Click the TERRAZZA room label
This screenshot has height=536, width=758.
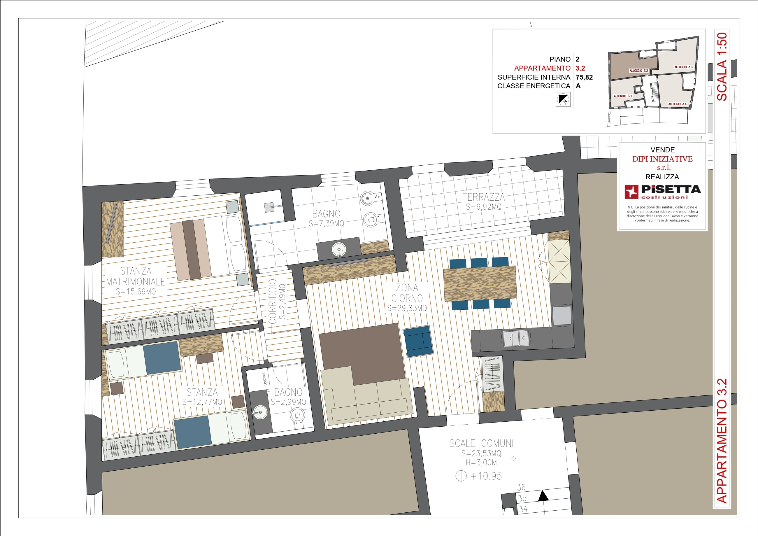click(x=484, y=197)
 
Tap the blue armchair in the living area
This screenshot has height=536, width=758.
click(x=418, y=341)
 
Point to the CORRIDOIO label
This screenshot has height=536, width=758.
click(x=272, y=302)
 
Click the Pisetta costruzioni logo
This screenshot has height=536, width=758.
click(x=663, y=192)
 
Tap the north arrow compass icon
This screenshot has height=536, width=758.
click(x=563, y=99)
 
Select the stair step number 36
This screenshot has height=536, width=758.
click(x=521, y=488)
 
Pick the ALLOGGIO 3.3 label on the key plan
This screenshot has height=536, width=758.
click(x=683, y=67)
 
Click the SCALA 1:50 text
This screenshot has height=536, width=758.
click(x=722, y=67)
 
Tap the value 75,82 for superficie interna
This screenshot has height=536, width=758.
click(x=584, y=77)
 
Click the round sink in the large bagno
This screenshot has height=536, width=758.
click(x=339, y=248)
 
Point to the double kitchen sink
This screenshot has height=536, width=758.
click(x=516, y=339)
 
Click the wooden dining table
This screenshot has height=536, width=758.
click(x=480, y=283)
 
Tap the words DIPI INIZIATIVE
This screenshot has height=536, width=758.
click(x=662, y=159)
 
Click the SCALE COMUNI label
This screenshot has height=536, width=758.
click(x=481, y=443)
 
